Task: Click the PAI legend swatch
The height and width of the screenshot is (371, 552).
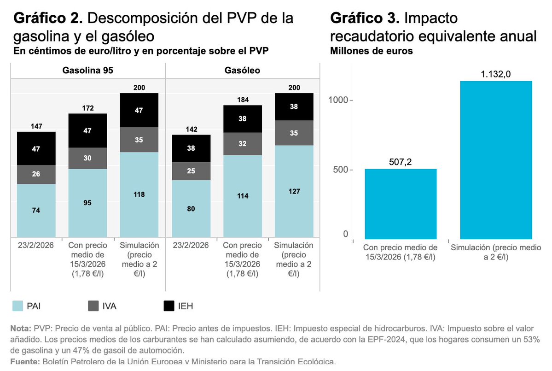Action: click(x=17, y=306)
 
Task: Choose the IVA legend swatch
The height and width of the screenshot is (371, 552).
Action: click(x=93, y=306)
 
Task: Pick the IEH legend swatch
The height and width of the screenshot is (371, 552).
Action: click(x=169, y=306)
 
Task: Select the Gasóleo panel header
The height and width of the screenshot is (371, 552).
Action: click(x=242, y=71)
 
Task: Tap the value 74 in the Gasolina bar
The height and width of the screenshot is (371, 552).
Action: click(x=36, y=210)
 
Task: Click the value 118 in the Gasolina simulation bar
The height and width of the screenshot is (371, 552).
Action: click(x=139, y=194)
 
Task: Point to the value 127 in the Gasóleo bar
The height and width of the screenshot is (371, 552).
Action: click(x=294, y=191)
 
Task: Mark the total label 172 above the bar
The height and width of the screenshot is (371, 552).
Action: click(x=88, y=108)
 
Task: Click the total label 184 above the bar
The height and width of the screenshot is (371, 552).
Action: click(x=243, y=100)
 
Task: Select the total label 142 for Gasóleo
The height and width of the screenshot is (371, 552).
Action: click(x=191, y=129)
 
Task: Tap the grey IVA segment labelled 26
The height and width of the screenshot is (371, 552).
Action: click(x=36, y=174)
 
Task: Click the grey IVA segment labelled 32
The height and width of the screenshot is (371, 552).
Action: click(x=243, y=144)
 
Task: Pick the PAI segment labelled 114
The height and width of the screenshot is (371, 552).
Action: click(x=243, y=196)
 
